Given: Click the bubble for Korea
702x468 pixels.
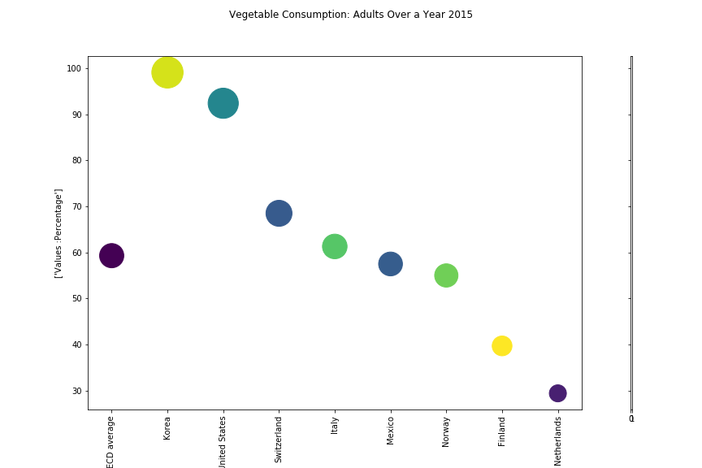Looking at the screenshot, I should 167,73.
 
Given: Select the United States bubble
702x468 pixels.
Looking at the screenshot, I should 223,103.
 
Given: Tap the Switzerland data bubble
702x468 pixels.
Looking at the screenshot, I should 279,214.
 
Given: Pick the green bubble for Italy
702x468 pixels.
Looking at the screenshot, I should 335,246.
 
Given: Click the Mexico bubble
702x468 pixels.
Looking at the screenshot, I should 391,263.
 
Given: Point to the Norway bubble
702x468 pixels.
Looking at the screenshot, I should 446,275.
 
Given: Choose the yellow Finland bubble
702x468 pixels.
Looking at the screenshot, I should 502,345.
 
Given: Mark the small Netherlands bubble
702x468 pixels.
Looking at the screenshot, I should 557,393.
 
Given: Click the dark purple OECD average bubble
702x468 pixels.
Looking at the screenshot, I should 111,255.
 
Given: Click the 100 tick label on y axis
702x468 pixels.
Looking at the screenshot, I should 74,69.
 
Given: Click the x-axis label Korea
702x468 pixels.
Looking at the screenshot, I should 167,427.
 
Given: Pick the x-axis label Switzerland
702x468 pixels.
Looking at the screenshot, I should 279,440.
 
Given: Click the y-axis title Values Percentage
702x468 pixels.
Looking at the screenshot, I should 59,233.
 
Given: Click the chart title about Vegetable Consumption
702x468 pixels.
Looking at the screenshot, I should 351,15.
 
